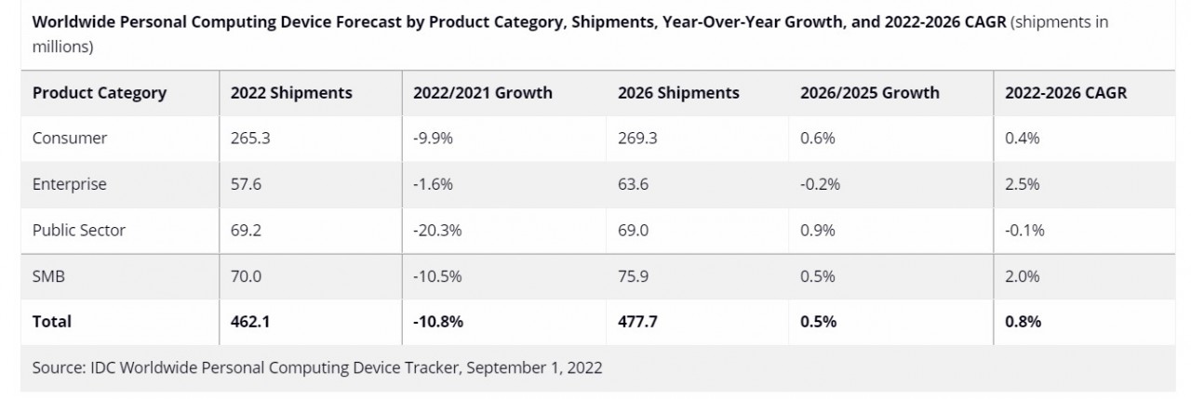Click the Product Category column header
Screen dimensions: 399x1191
click(x=100, y=92)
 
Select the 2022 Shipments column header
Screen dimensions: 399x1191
click(x=291, y=92)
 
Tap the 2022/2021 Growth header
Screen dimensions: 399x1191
click(x=483, y=92)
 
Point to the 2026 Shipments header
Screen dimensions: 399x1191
click(x=678, y=92)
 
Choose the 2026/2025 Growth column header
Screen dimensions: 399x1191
click(x=870, y=92)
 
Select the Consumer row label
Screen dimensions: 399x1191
click(x=70, y=138)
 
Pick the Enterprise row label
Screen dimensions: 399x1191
click(x=70, y=184)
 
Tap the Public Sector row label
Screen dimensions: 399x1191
click(x=78, y=231)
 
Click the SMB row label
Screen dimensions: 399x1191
click(x=48, y=276)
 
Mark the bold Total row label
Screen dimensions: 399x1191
click(x=52, y=322)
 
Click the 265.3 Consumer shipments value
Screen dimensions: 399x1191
click(x=248, y=138)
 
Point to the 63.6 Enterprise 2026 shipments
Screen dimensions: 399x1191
click(x=634, y=184)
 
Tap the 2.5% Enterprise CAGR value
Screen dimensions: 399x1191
click(x=1022, y=184)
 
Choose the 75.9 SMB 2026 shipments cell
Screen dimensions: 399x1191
click(x=634, y=276)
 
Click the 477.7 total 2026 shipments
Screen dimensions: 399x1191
click(x=636, y=322)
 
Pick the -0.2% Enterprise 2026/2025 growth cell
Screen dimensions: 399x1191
click(x=820, y=184)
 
